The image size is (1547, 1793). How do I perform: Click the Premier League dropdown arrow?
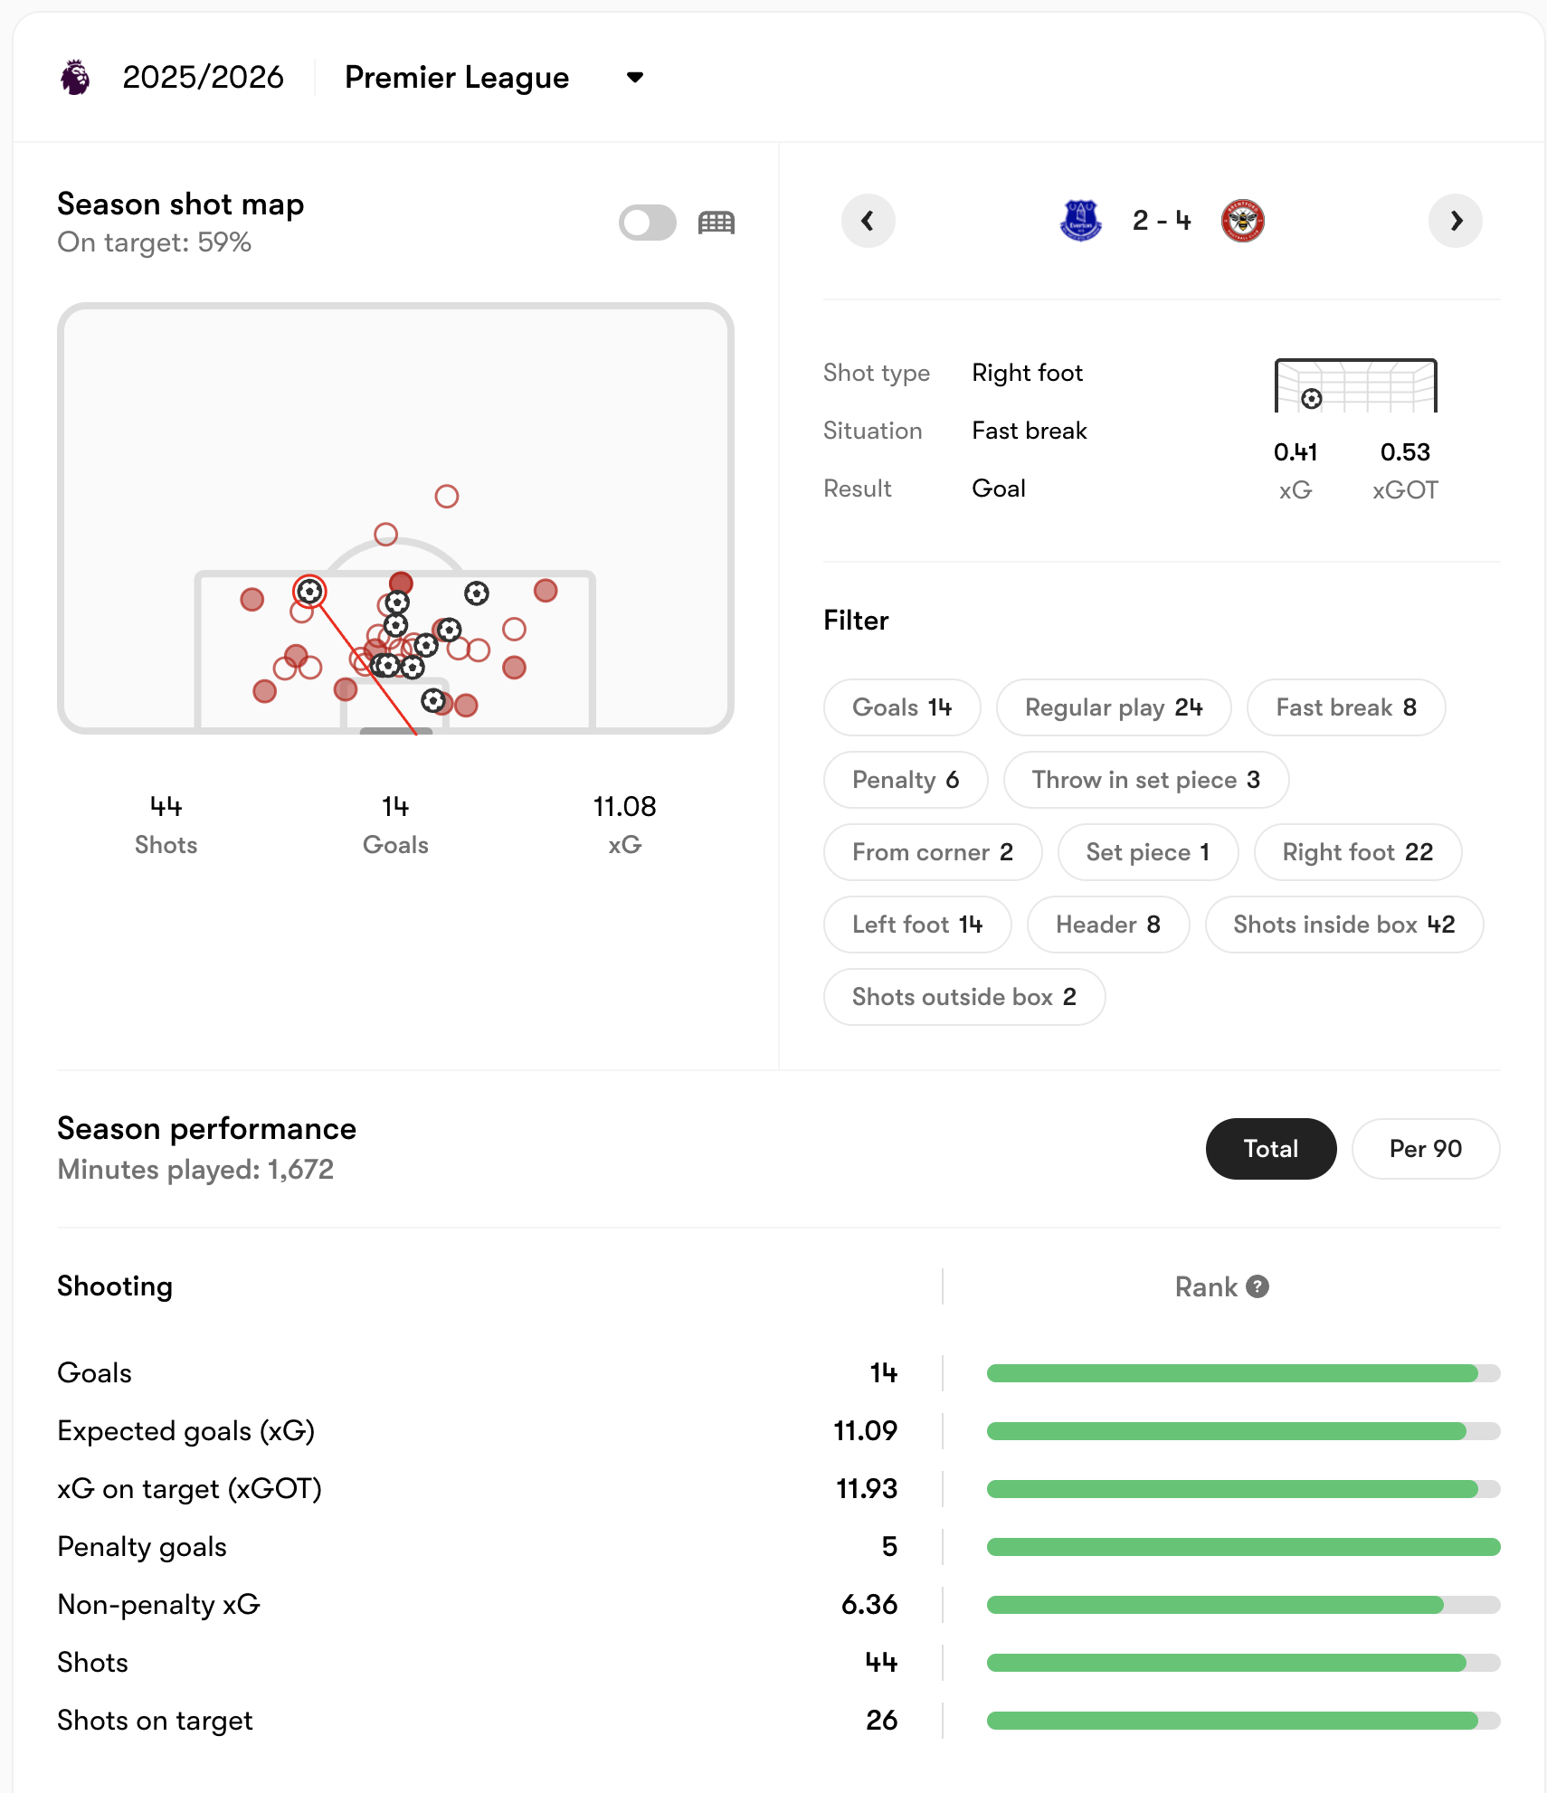tap(635, 78)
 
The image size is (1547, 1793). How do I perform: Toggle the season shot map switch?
tap(647, 223)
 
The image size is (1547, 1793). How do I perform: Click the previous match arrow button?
tap(868, 221)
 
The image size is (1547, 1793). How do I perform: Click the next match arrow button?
tap(1455, 221)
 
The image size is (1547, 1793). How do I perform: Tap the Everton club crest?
tap(1080, 221)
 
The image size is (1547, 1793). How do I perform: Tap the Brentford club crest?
tap(1242, 221)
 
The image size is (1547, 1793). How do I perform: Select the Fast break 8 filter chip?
tap(1345, 707)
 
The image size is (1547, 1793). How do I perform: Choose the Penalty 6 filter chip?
tap(905, 780)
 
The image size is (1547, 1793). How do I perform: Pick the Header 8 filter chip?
tap(1107, 925)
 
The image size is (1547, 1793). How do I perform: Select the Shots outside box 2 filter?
tap(963, 997)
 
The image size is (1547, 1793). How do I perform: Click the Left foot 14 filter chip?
tap(916, 925)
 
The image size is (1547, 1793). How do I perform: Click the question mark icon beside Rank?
tap(1258, 1286)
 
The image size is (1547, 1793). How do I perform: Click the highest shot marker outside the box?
tap(446, 496)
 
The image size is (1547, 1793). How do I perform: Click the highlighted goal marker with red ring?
tap(309, 592)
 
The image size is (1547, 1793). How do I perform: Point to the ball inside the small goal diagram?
tap(1311, 399)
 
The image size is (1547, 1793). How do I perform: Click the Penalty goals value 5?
tap(889, 1547)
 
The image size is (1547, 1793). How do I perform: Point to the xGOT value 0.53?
tap(1404, 452)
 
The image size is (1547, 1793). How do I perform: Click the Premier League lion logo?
tap(76, 78)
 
